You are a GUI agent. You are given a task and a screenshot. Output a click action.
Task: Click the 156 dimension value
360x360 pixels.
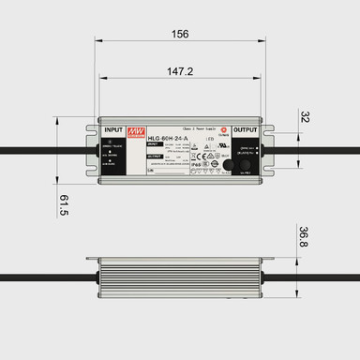point(181,35)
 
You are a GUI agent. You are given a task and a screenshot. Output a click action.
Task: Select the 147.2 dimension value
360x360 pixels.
point(180,71)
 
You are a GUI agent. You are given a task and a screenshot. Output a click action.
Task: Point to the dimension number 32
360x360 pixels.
point(305,117)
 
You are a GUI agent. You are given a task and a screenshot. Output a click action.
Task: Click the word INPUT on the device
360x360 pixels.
point(113,130)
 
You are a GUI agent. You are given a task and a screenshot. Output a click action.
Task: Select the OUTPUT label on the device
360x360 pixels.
point(246,130)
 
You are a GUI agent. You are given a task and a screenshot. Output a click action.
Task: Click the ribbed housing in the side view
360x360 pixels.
point(178,277)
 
